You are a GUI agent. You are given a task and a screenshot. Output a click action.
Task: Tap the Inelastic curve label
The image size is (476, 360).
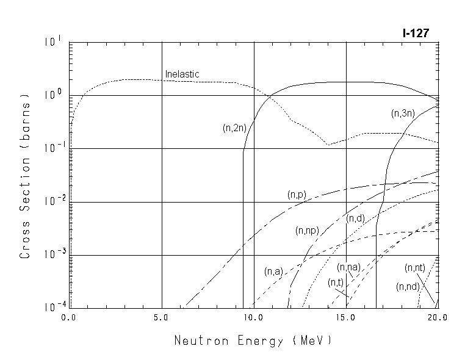click(182, 74)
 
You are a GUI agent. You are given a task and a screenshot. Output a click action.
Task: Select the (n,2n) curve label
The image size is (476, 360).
click(234, 128)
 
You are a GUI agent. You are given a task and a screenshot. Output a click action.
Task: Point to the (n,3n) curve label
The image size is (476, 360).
click(402, 113)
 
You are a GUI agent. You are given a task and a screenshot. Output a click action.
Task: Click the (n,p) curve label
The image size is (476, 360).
click(297, 195)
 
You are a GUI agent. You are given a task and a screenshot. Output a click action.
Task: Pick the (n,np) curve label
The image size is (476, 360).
click(308, 231)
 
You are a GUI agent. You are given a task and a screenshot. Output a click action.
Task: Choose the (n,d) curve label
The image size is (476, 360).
click(356, 218)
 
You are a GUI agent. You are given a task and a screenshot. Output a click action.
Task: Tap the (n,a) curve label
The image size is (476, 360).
click(273, 272)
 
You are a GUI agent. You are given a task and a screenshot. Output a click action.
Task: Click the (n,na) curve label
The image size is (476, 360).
click(349, 267)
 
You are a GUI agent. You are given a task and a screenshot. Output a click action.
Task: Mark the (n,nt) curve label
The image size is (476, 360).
click(415, 268)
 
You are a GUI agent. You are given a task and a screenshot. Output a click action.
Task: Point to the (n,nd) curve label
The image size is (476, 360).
click(407, 286)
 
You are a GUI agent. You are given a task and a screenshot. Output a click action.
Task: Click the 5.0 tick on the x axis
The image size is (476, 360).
click(161, 318)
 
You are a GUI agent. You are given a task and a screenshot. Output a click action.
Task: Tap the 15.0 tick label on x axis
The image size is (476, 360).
click(345, 318)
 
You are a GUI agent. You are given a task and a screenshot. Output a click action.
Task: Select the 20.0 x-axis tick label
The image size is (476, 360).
click(437, 318)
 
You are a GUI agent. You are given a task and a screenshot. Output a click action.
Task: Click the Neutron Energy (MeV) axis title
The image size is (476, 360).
click(253, 340)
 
